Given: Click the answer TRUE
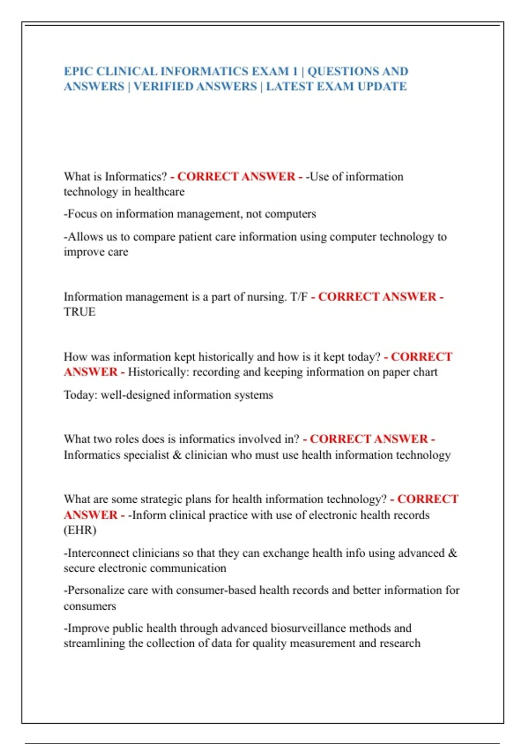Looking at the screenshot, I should pos(80,312).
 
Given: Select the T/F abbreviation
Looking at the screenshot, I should pos(299,297).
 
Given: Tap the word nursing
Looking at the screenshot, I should pos(266,297).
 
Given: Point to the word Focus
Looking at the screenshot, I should pos(82,214).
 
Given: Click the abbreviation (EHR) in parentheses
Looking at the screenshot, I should pos(80,530).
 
